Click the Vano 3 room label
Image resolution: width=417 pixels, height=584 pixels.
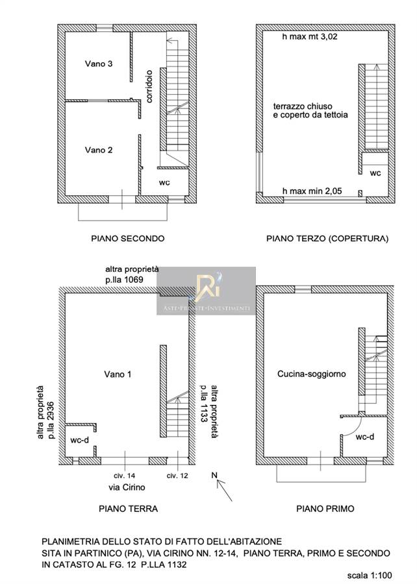coord(98,64)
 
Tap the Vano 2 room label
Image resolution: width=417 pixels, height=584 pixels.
coord(98,150)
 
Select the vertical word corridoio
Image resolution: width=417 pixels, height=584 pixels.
coord(149,86)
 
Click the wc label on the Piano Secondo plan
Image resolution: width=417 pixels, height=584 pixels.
coord(164,182)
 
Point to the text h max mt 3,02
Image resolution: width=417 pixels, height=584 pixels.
coord(310,36)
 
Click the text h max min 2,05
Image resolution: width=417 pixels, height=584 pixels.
coord(312,191)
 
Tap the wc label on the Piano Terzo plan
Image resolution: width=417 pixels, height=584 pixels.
coord(375,173)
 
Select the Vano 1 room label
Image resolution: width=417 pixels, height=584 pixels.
coord(118,374)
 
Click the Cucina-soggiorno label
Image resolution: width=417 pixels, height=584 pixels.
coord(312,374)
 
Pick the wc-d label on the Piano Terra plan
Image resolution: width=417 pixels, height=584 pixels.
coord(79,440)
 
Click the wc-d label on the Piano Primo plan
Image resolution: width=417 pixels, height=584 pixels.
coord(365,437)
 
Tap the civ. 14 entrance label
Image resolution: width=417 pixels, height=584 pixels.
coord(125,476)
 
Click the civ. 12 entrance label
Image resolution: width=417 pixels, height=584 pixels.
coord(177,476)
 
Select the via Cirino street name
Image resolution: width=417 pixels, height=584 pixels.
coord(127,487)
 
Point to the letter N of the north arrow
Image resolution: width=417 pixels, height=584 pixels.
coord(214,475)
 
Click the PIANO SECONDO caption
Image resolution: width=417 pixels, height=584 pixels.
coord(128,238)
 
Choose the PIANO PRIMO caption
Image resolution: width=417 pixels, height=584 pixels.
coord(325,509)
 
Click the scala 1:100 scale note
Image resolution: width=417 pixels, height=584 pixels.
coord(370,576)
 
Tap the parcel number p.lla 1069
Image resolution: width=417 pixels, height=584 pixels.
coord(124,279)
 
